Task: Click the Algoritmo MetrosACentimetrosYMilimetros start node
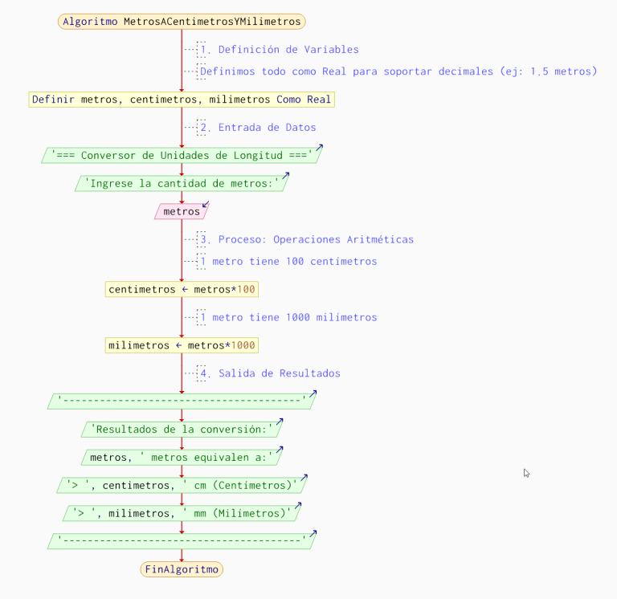pos(182,22)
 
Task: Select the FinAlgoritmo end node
pos(182,569)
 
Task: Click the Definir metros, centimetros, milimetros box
pos(182,100)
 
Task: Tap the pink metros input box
pos(182,212)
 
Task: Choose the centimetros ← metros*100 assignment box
pos(182,289)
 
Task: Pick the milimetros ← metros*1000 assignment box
pos(182,345)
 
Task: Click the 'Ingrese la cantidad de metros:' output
pos(182,184)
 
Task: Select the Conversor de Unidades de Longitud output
pos(182,155)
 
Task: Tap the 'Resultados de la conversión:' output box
pos(182,430)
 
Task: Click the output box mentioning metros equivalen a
pos(182,458)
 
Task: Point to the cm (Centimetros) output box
pos(182,485)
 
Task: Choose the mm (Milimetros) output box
pos(182,513)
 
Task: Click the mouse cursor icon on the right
pos(526,474)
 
